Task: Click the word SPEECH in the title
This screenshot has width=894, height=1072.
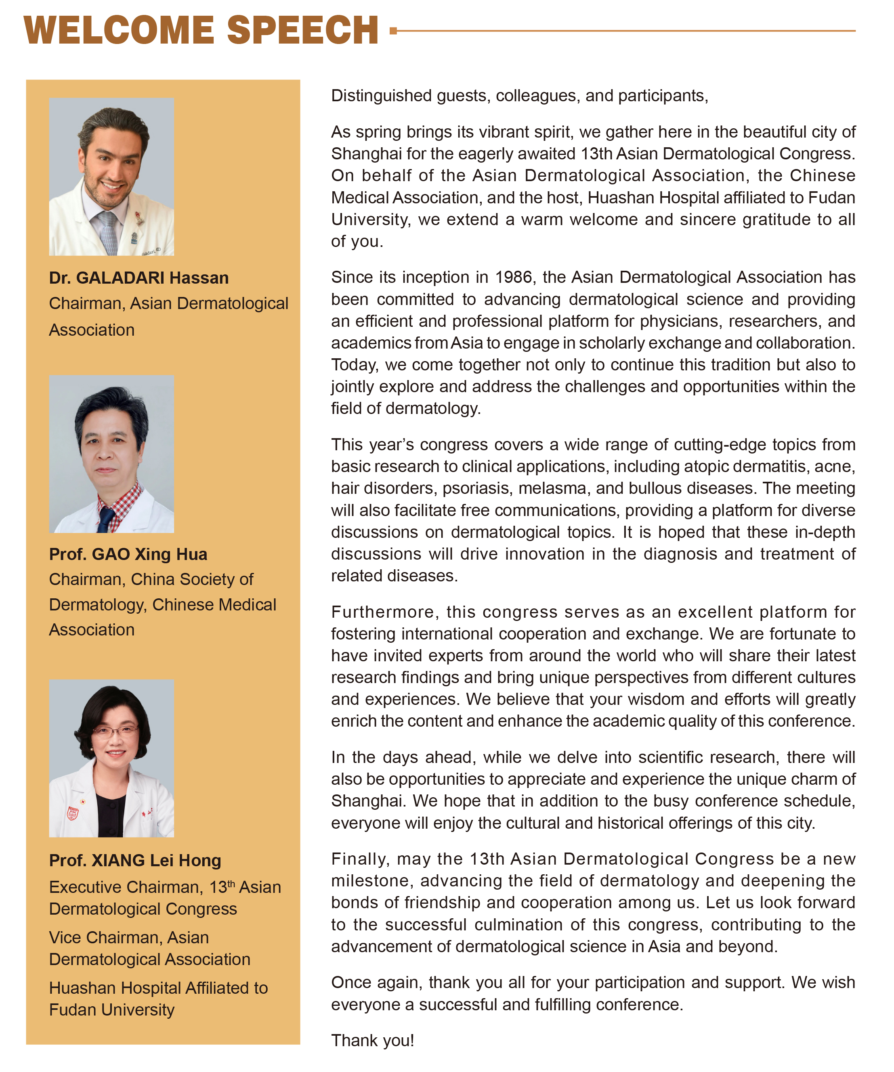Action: pyautogui.click(x=302, y=31)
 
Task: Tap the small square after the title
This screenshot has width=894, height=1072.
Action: pyautogui.click(x=393, y=31)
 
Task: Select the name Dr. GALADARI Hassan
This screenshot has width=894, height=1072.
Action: pyautogui.click(x=139, y=278)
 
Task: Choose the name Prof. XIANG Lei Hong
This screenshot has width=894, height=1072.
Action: pyautogui.click(x=135, y=860)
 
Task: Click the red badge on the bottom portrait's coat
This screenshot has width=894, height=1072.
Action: pyautogui.click(x=73, y=813)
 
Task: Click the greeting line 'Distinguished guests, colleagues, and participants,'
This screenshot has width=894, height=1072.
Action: pyautogui.click(x=519, y=96)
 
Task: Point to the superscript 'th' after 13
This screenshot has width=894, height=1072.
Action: pyautogui.click(x=231, y=884)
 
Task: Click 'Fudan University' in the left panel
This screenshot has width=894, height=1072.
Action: pyautogui.click(x=111, y=1010)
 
